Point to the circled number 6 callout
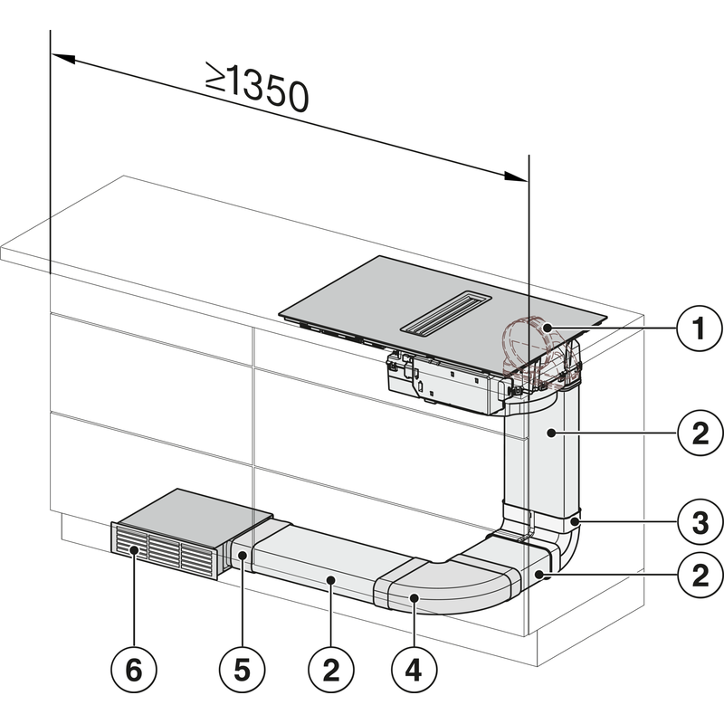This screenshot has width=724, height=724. [x=133, y=670]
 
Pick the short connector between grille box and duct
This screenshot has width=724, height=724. [x=243, y=552]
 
